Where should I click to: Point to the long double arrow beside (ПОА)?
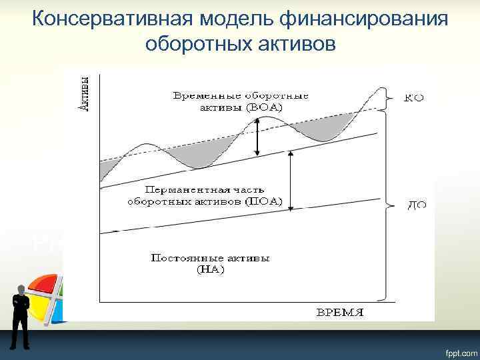pos(290,180)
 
